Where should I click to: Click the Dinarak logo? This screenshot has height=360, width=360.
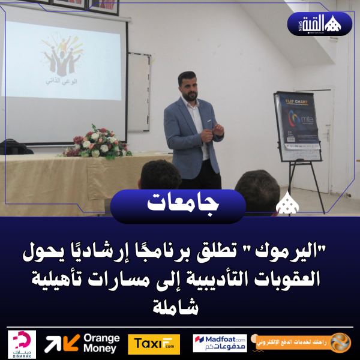[x=23, y=344]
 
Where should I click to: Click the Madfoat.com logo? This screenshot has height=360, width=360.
[x=220, y=343]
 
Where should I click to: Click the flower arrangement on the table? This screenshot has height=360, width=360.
[x=94, y=142]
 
